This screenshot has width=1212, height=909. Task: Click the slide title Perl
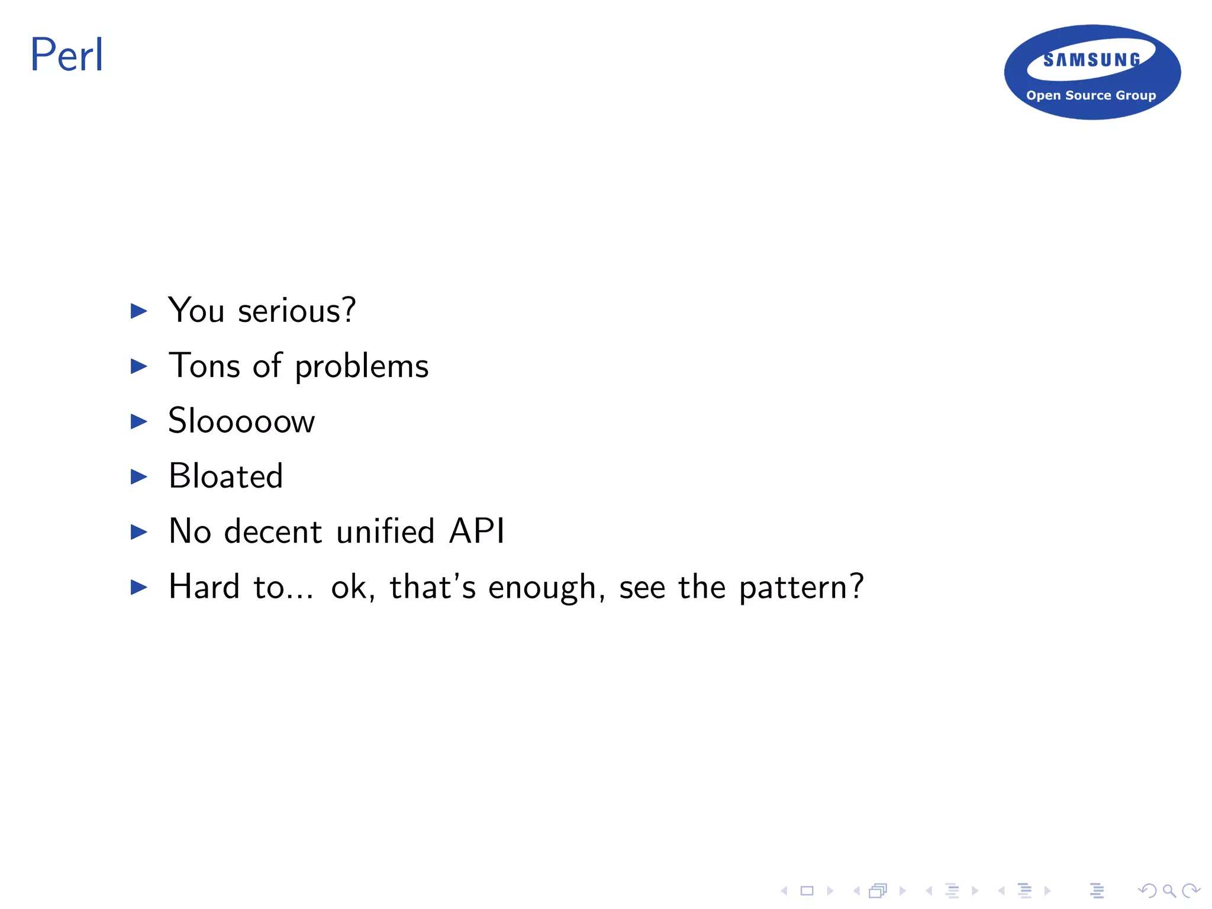[x=66, y=55]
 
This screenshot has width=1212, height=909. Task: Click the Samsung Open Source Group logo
[x=1092, y=72]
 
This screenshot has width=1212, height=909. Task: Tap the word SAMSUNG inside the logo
[x=1092, y=60]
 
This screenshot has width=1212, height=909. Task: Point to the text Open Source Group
[x=1091, y=95]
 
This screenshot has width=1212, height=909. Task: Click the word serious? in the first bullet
[x=296, y=311]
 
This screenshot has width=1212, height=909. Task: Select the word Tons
[x=204, y=366]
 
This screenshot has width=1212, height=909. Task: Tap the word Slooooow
[x=241, y=421]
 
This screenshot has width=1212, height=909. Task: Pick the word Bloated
[x=226, y=476]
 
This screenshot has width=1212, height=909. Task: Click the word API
[x=477, y=531]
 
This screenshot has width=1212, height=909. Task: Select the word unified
[x=385, y=531]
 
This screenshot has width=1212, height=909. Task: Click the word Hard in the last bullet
[x=204, y=586]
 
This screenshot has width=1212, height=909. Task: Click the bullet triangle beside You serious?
[x=138, y=311]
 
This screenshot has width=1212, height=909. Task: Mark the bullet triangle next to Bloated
[x=138, y=476]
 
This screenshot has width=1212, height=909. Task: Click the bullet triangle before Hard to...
[x=138, y=587]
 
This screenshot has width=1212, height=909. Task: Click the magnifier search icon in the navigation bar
[x=1169, y=891]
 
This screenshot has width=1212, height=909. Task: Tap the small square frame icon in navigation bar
[x=807, y=891]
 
